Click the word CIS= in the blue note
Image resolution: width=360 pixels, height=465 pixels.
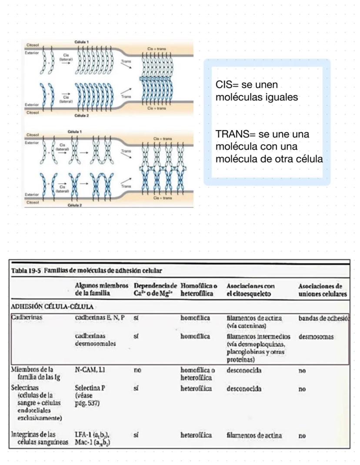click(x=226, y=84)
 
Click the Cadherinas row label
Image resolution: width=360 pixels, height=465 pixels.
click(x=27, y=318)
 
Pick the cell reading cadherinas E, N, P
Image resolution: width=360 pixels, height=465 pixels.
click(x=100, y=318)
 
